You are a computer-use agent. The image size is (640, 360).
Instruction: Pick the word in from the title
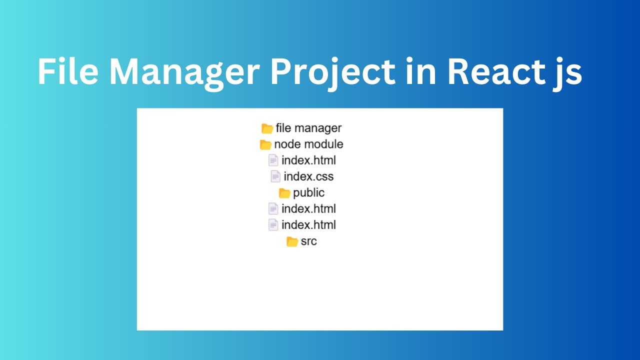pos(418,72)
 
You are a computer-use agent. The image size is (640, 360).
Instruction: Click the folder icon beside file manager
pos(267,128)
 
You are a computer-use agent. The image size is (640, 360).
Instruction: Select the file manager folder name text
pos(308,128)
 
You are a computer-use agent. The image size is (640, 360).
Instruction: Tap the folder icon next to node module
pos(265,144)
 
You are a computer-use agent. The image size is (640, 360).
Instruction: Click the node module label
pos(308,144)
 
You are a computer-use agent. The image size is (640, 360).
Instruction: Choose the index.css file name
pos(308,176)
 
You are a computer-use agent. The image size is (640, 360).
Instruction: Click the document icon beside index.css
pos(275,176)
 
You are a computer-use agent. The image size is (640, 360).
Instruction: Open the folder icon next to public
pos(284,193)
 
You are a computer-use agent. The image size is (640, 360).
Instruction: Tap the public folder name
pos(308,192)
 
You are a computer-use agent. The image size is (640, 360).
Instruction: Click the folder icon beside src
pos(292,241)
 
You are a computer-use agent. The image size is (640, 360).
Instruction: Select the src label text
pos(308,241)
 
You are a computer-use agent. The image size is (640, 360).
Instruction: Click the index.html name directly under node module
pos(308,160)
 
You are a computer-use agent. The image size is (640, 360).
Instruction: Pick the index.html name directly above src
pos(308,224)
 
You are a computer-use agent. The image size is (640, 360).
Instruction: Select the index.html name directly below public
pos(308,208)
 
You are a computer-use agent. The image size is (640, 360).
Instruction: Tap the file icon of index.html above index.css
pos(273,160)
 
